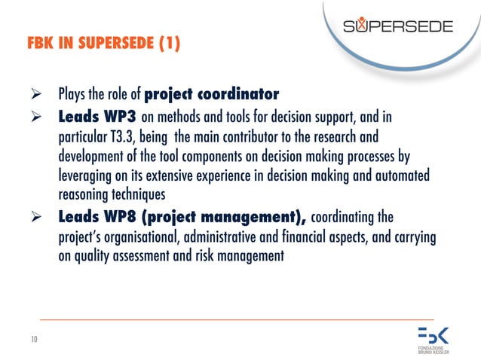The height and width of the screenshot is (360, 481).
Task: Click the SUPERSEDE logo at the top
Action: (x=399, y=28)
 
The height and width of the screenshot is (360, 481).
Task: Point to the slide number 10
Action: (x=34, y=339)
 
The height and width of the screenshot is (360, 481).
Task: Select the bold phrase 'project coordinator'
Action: (x=211, y=95)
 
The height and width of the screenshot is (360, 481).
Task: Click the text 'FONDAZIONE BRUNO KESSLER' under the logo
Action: (x=434, y=350)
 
